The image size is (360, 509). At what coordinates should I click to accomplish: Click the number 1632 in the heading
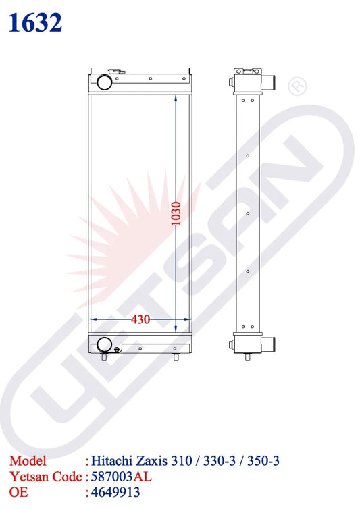[36, 23]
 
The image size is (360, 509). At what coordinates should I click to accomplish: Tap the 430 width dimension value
[140, 320]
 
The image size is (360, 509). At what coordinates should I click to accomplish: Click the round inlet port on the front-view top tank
[105, 82]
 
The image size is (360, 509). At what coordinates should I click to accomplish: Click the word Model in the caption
[28, 462]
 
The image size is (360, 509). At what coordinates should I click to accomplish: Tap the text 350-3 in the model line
[263, 462]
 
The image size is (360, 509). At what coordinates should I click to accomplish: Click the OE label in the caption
[19, 493]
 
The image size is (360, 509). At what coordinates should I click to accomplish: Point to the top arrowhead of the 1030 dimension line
[176, 98]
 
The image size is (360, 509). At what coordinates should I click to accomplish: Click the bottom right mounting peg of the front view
[176, 357]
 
